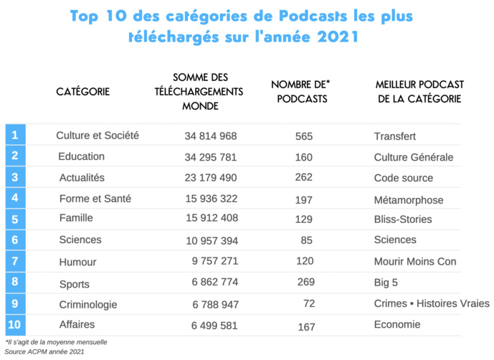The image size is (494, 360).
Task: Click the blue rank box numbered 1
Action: click(15, 134)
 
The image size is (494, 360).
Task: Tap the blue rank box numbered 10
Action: click(15, 325)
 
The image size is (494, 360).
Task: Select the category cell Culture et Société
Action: click(98, 135)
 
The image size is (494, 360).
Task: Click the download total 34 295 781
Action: click(210, 157)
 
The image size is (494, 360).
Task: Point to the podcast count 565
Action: click(305, 136)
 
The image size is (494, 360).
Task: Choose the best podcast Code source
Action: click(404, 178)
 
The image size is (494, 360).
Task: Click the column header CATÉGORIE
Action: click(83, 92)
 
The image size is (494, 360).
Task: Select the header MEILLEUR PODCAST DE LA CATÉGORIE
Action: click(419, 92)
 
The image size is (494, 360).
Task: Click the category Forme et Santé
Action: click(95, 199)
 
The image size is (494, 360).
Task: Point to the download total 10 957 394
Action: click(210, 240)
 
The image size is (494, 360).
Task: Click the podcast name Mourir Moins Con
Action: click(415, 262)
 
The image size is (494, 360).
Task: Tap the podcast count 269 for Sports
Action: click(305, 283)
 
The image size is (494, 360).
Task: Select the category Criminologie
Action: click(88, 305)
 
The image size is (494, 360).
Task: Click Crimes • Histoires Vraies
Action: click(432, 303)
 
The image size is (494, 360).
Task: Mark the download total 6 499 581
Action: click(214, 326)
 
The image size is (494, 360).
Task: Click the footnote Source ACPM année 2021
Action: click(44, 352)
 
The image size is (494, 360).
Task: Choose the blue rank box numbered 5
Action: click(15, 219)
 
